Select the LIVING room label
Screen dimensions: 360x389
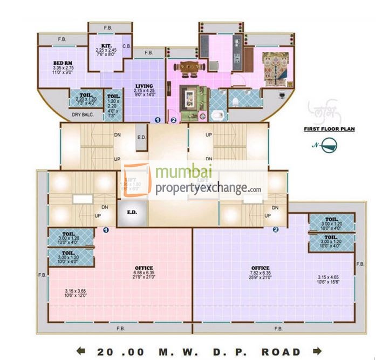pyautogui.click(x=144, y=86)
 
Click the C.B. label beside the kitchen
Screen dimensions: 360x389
pyautogui.click(x=127, y=46)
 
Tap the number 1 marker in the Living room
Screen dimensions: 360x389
pyautogui.click(x=158, y=120)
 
